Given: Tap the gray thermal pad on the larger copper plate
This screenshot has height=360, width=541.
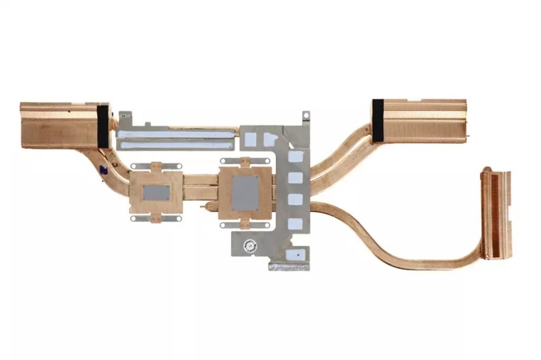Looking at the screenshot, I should pos(245,193).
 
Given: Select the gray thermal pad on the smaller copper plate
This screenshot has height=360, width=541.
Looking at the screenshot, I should pos(156,192).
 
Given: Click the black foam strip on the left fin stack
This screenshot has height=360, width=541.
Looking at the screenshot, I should pos(102,126).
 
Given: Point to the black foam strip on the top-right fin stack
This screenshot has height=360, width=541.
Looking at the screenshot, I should pos(378,120).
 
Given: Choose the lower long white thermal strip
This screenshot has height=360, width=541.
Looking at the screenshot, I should pos(175,143).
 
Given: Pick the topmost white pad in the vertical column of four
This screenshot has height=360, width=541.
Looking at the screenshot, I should pos(296,156).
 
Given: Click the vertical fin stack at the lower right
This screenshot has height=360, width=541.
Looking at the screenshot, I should pos(497,214).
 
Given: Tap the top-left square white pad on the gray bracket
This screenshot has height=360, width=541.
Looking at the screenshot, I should pos(251,139).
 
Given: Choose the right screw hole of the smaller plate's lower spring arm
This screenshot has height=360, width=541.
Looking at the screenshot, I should pos(179,217).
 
